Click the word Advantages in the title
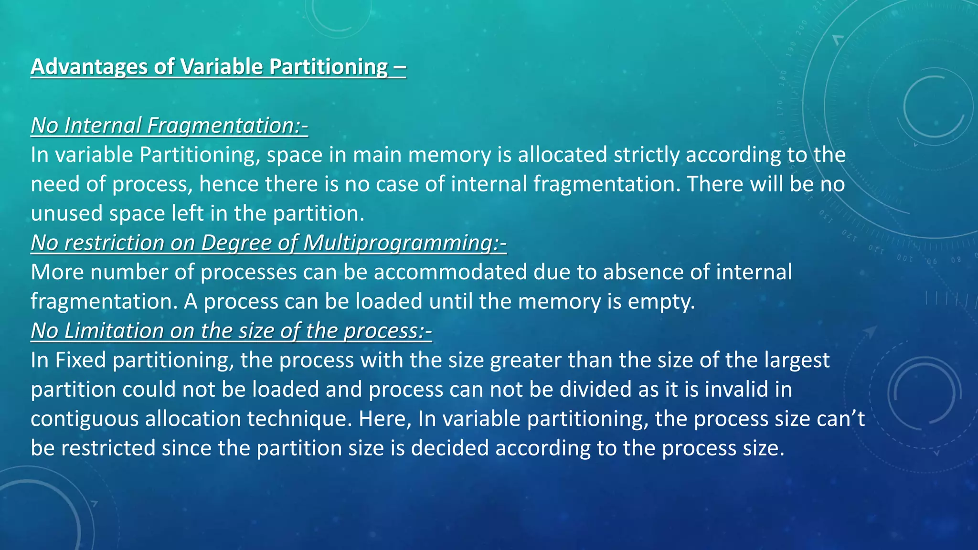pos(89,67)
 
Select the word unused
pos(66,213)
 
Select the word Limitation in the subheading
pos(114,331)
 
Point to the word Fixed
pos(80,360)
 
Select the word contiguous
pos(84,419)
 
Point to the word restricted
pos(108,448)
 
